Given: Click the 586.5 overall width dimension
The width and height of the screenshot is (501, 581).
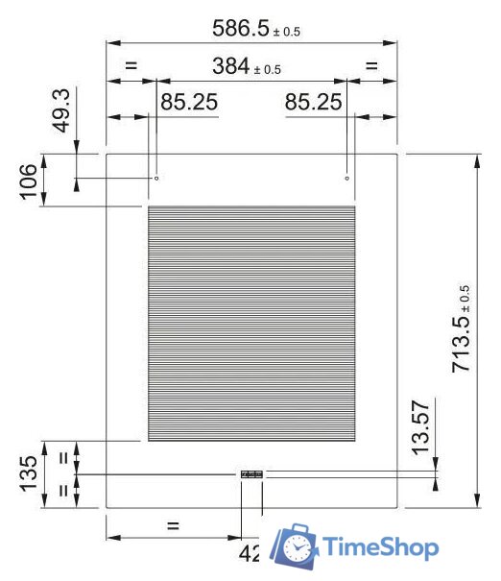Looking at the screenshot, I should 243,29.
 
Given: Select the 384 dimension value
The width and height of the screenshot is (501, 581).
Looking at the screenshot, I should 231,66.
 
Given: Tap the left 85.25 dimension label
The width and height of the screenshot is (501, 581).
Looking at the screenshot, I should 188,102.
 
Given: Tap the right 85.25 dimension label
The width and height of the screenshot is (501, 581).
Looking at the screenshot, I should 314,102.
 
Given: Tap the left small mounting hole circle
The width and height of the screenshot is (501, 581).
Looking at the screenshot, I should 156,178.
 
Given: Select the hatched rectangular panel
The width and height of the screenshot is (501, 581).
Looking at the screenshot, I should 250,324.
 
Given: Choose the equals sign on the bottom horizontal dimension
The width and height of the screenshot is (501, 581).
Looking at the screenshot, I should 173,524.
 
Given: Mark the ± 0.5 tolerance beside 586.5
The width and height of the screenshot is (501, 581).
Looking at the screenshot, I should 286,32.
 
